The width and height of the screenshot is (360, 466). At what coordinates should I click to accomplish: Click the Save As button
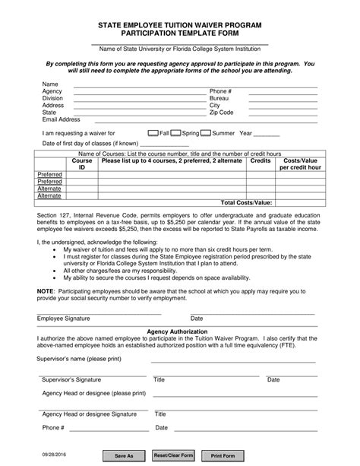124,455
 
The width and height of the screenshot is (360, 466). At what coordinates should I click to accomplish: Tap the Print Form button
223,455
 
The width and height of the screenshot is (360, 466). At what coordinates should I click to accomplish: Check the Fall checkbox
153,132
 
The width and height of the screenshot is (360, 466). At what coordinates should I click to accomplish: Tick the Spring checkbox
175,132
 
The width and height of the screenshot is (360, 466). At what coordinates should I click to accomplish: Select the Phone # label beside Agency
220,91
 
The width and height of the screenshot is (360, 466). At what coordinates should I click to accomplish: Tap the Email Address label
62,119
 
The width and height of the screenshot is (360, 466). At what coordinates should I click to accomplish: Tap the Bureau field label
219,98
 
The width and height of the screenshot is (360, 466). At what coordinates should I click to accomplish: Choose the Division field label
53,98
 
